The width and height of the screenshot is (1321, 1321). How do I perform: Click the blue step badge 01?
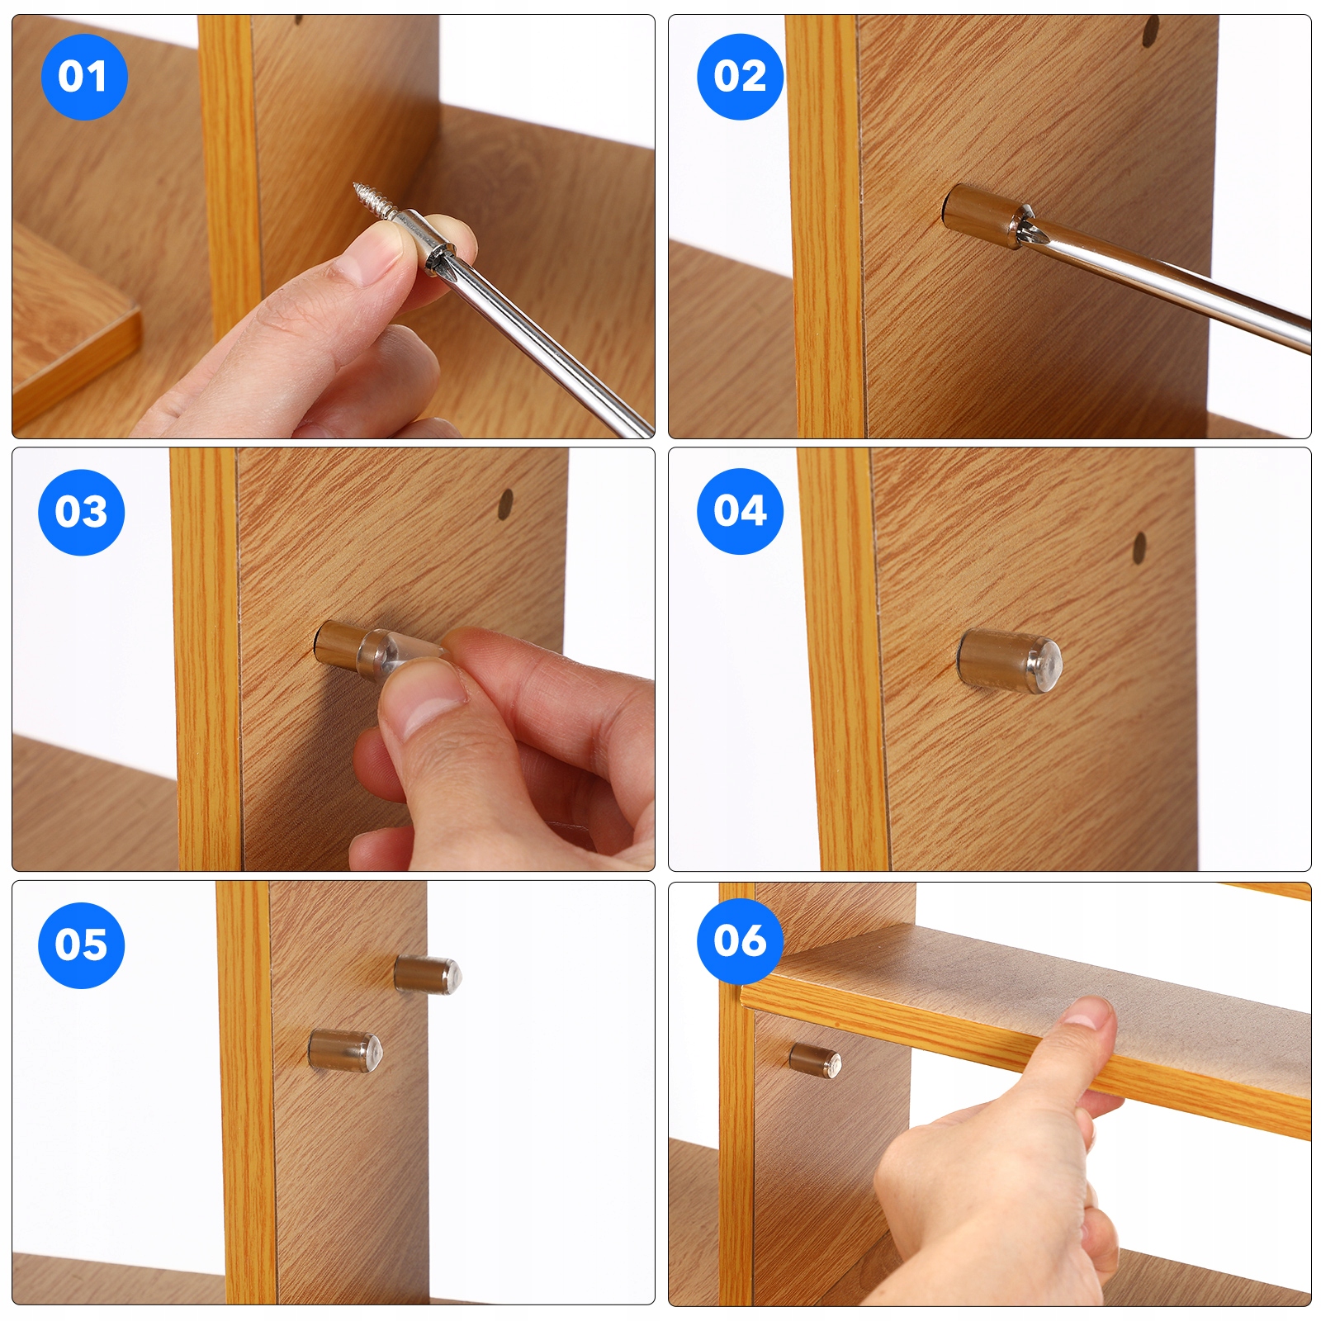coord(83,77)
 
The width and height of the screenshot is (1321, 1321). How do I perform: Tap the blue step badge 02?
coord(740,77)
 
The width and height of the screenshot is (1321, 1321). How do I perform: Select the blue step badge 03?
coord(81,512)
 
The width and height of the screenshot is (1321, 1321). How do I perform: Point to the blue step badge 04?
coord(740,511)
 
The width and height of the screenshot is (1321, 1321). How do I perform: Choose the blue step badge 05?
coord(81,945)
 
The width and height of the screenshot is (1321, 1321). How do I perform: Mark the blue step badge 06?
coord(740,941)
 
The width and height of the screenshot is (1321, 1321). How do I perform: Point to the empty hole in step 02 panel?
coord(1150,31)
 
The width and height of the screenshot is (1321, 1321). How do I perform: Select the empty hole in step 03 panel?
coord(505,504)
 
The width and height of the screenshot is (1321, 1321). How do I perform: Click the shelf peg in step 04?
coord(1009,662)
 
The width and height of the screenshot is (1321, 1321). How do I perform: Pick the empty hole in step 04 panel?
coord(1139,547)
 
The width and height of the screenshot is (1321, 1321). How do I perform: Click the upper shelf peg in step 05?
coord(428,974)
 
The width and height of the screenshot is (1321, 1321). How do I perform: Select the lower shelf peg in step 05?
coord(345,1051)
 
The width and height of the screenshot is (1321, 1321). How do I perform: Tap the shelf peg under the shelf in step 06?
coord(815,1060)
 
